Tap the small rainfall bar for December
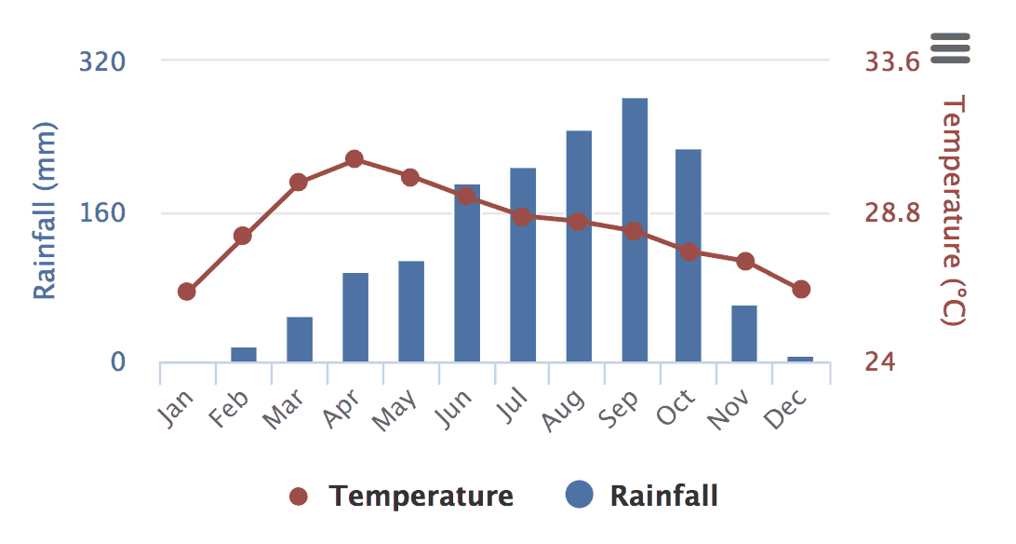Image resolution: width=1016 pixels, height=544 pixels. point(800,359)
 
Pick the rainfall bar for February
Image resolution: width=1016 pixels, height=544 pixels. point(244,354)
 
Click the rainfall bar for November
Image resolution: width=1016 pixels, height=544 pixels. point(744,333)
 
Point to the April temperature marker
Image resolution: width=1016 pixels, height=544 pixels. point(354,159)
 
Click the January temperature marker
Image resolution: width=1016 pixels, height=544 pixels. point(187,292)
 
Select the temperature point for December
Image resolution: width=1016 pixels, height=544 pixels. point(801,290)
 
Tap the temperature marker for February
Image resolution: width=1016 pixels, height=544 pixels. point(243,236)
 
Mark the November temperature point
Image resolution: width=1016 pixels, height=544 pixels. point(745,261)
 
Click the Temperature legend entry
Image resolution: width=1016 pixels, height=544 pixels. point(401,496)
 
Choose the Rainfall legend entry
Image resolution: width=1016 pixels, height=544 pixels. point(644,496)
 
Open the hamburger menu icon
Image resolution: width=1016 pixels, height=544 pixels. point(950,48)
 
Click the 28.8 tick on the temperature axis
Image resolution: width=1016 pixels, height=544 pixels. point(892,213)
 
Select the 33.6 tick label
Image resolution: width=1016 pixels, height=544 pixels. point(892,61)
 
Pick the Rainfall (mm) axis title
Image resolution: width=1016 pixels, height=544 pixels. point(46,211)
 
